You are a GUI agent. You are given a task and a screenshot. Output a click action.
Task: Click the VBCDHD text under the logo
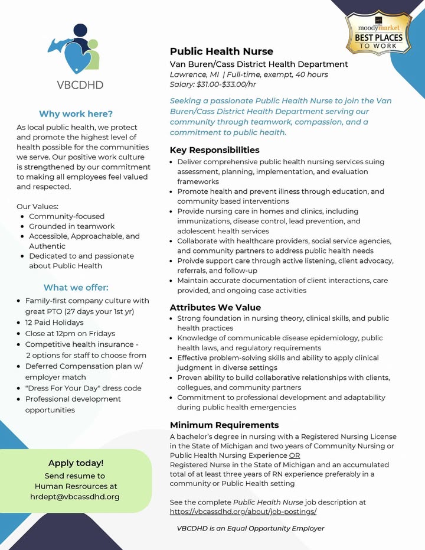point(80,84)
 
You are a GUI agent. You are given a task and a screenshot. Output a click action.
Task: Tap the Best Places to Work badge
point(378,33)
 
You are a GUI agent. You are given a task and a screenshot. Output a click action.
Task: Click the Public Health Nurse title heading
point(221,51)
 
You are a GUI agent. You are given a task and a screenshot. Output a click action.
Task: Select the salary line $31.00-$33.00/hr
point(213,84)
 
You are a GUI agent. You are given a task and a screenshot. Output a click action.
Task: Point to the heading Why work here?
point(76,114)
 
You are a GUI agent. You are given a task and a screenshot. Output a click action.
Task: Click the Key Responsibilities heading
point(214,150)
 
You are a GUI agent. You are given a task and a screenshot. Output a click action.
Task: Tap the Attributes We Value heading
point(215,307)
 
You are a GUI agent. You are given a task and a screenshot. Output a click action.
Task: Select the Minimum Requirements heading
point(224,425)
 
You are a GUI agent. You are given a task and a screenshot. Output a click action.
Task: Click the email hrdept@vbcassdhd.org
point(75,497)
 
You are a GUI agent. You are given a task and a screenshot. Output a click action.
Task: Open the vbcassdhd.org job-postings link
point(243,512)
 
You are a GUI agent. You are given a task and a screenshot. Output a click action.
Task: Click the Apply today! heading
point(76,463)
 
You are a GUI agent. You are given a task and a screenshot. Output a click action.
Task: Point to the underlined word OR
point(295,455)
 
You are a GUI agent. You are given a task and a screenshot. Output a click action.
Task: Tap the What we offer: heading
point(76,288)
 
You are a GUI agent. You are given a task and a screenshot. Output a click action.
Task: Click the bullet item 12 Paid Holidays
point(54,323)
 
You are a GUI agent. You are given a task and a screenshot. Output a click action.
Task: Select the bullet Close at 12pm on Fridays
point(70,333)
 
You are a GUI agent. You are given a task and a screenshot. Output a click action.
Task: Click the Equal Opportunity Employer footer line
point(250,528)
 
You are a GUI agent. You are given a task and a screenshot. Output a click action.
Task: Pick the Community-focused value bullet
point(67,216)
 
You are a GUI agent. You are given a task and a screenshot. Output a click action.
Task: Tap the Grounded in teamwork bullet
point(72,226)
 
